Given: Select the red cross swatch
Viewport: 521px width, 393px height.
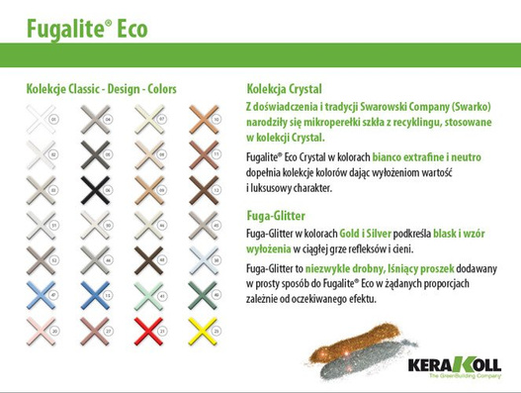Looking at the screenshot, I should pos(150,327).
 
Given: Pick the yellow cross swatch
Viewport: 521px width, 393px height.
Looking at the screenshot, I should pos(205,327).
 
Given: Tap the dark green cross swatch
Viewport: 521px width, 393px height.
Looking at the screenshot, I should pos(205,292).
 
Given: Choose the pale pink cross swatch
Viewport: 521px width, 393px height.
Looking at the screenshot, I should pos(42,327).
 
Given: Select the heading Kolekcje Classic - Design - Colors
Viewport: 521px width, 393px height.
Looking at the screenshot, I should pos(102,89).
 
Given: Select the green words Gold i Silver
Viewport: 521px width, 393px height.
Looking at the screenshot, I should pos(370,231).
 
